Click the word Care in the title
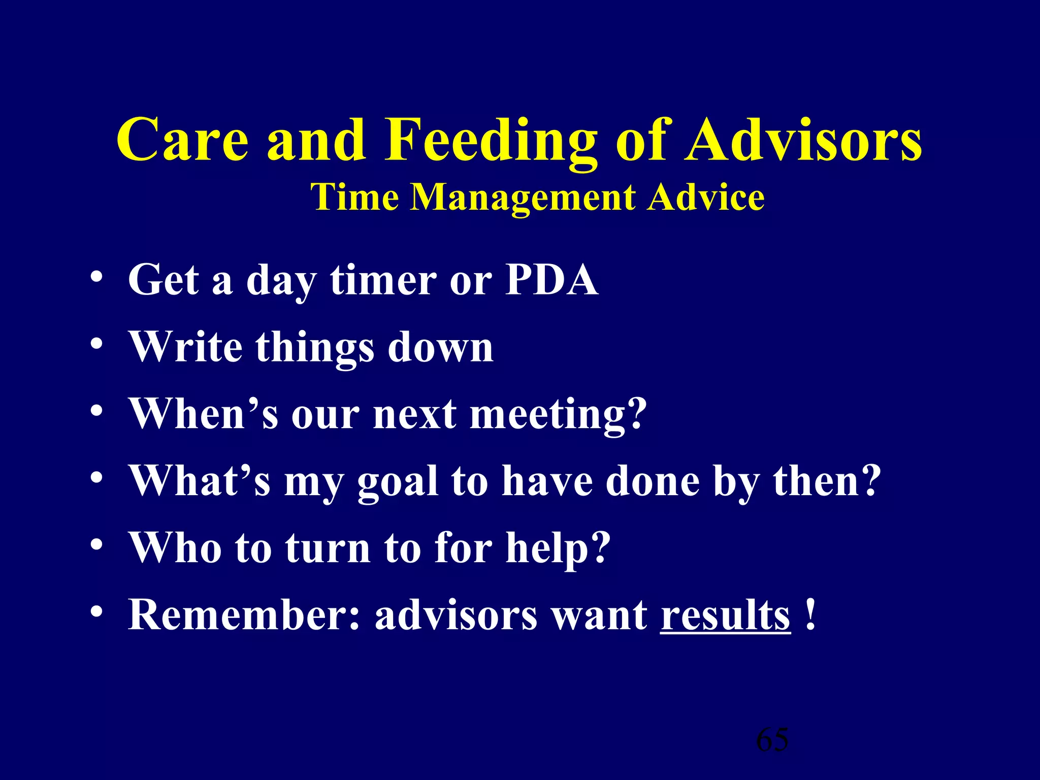(x=183, y=140)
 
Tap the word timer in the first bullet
(x=383, y=280)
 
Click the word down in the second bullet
(x=440, y=347)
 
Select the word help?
(x=558, y=548)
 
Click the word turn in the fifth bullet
(x=328, y=548)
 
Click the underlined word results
(x=725, y=615)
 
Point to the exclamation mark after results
(x=811, y=614)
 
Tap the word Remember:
(x=244, y=615)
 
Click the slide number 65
(x=772, y=740)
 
